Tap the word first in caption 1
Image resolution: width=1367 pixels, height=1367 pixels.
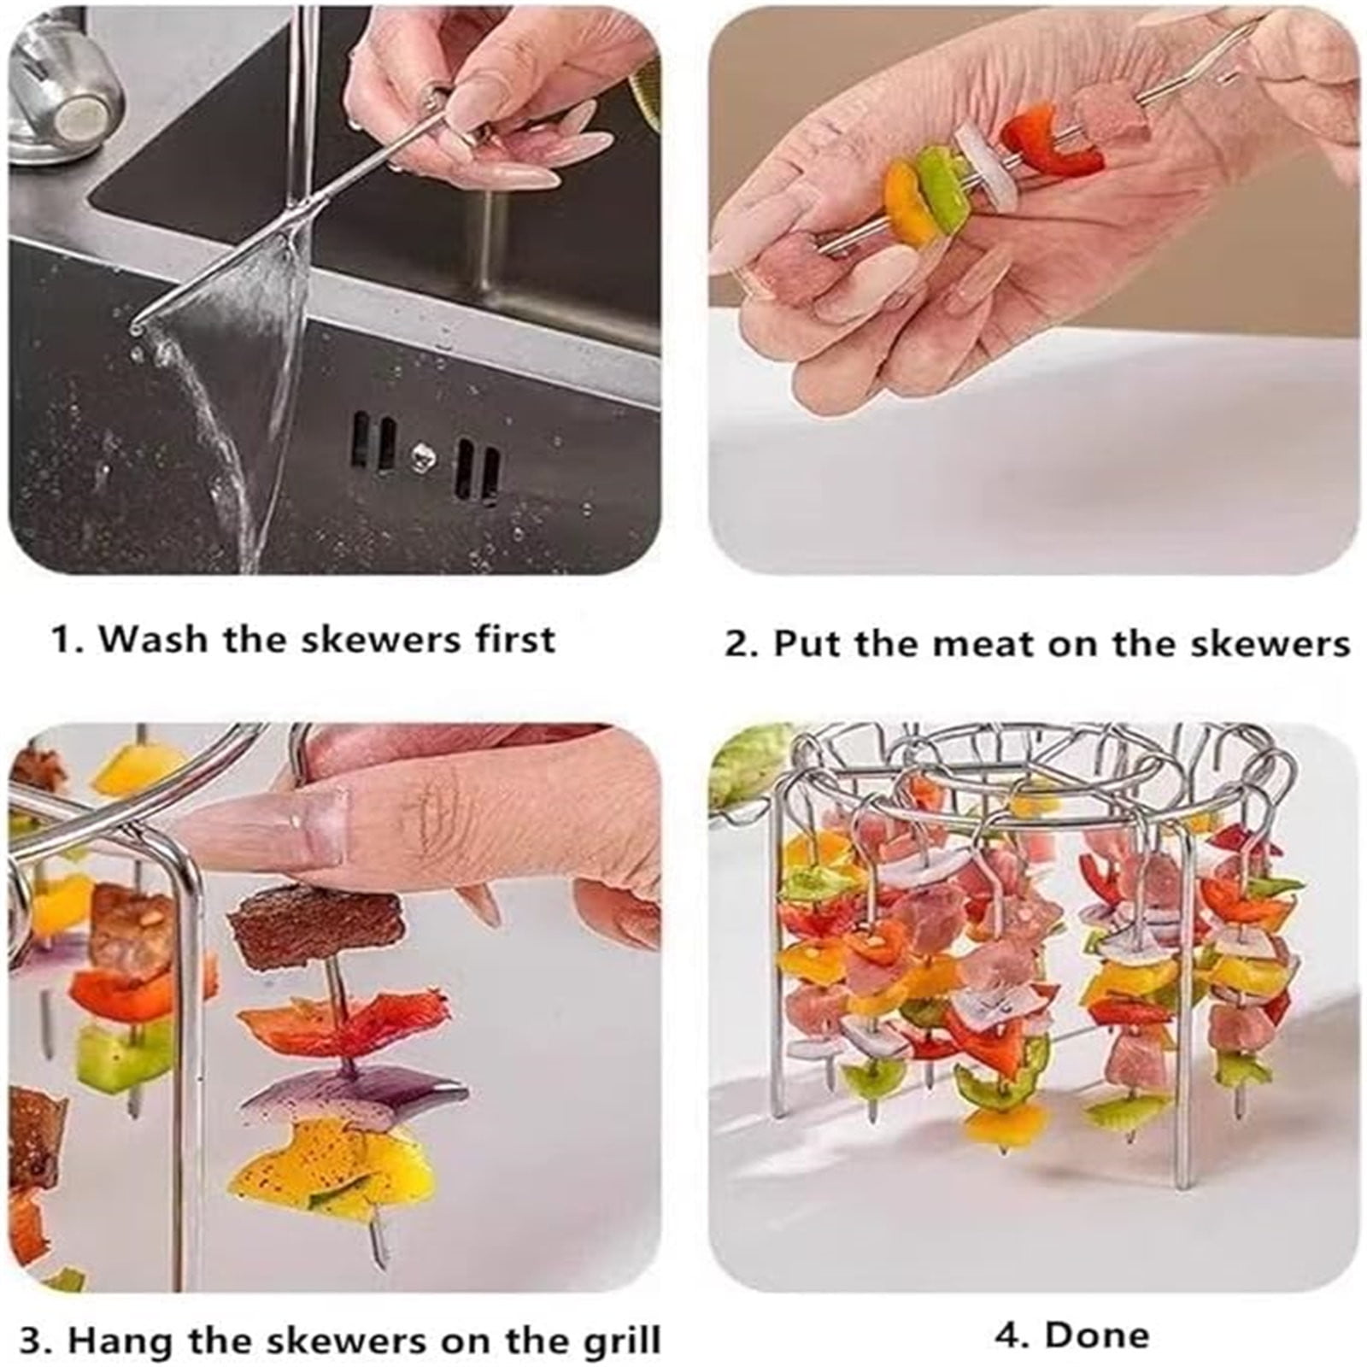tap(517, 639)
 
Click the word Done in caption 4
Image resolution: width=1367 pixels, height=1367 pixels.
tap(1098, 1334)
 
